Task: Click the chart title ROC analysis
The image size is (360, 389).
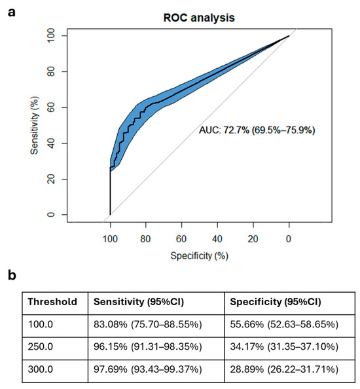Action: pos(199,18)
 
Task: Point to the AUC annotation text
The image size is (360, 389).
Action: pos(257,130)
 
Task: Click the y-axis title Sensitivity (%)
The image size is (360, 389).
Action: pos(35,126)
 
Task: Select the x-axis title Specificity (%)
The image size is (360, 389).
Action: pos(200,256)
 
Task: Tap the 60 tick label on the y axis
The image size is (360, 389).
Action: pos(51,107)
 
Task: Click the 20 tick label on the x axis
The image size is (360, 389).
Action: pos(253,239)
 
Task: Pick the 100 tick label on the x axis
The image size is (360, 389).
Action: pos(110,239)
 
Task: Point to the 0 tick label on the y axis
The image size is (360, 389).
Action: pos(51,215)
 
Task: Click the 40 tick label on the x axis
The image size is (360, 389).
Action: pos(217,239)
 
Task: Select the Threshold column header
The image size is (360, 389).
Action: pos(52,302)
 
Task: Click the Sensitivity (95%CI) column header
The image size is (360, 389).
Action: pos(139,302)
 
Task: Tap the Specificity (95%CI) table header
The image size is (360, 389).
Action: pos(276,302)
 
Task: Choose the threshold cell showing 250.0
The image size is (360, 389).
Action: pos(41,346)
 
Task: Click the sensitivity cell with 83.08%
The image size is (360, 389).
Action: pos(148,325)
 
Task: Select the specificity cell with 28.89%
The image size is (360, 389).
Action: pos(284,369)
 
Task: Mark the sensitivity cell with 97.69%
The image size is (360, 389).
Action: pos(148,369)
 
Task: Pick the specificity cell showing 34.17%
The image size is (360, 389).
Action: pos(284,346)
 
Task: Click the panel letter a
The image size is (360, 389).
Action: pos(11,12)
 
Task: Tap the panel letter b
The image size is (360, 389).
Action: pos(12,275)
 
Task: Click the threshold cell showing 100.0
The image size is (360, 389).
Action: pos(41,325)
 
